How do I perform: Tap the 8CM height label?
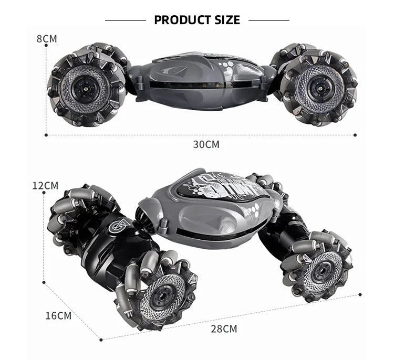point(47,38)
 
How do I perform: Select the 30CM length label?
point(206,144)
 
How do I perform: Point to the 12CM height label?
point(45,185)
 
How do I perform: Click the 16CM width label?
point(58,315)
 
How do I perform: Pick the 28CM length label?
point(224,329)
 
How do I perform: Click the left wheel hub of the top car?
point(85,87)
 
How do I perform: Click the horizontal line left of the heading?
point(125,20)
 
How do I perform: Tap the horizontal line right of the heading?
point(268,20)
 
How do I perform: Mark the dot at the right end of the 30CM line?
point(355,135)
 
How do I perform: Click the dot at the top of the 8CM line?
point(46,46)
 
